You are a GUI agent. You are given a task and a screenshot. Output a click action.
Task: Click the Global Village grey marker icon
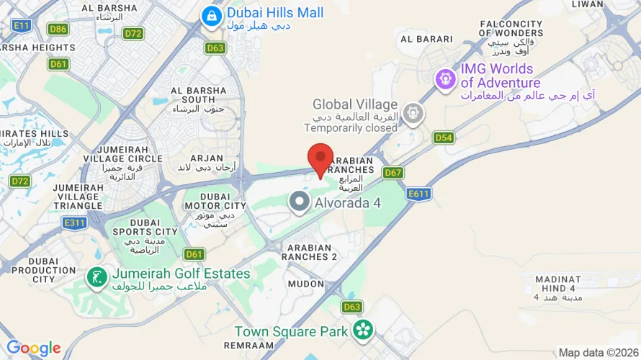412,112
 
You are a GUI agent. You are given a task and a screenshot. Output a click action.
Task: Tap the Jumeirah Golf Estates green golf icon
94,276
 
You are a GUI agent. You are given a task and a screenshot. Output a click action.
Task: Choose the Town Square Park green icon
363,330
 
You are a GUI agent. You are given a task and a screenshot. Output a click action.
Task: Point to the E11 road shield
22,26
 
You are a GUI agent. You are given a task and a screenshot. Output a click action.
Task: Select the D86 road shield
58,30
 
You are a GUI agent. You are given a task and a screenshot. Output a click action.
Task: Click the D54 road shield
444,137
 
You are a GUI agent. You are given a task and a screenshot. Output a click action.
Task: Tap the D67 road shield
393,173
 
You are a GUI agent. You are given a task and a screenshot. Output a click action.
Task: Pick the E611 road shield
418,194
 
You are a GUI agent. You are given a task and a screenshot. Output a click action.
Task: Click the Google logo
33,348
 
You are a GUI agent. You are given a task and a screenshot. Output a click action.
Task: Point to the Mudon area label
306,284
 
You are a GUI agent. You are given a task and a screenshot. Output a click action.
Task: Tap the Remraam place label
249,346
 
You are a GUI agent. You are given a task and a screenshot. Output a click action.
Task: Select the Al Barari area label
426,39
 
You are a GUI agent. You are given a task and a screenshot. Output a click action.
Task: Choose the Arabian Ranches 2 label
309,251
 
